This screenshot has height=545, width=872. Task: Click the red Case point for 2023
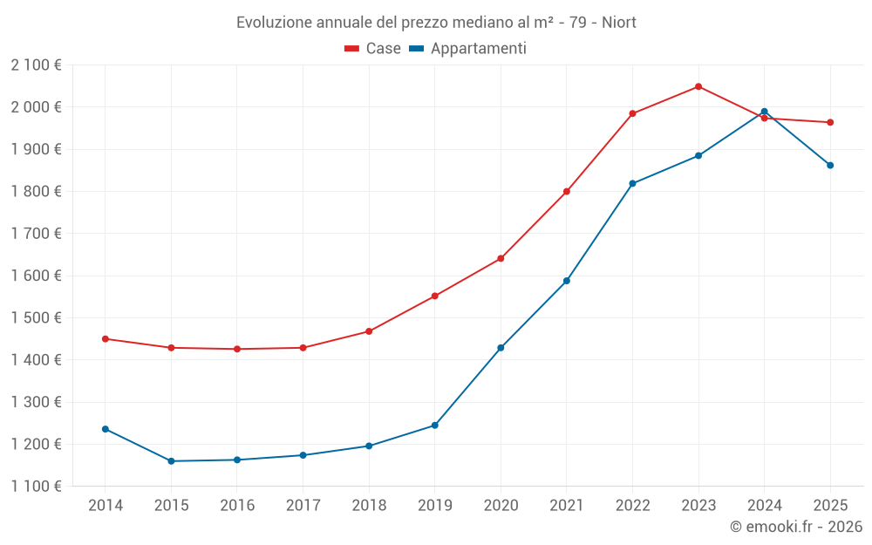[x=698, y=86]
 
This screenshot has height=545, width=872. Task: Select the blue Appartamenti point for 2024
[x=764, y=112]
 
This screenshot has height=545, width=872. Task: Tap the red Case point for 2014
[x=106, y=338]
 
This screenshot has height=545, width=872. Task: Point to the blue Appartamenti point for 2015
[x=171, y=461]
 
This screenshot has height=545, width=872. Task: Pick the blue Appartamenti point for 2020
[x=501, y=348]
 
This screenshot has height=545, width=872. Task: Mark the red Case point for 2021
[x=567, y=192]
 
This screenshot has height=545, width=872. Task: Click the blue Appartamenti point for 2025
[x=830, y=165]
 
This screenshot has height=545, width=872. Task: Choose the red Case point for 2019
[x=435, y=296]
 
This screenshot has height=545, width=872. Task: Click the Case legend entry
[x=373, y=49]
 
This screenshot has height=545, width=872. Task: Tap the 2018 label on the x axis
[x=369, y=505]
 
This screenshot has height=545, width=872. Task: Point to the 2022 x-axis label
[x=632, y=505]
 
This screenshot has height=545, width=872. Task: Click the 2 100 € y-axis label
[x=36, y=65]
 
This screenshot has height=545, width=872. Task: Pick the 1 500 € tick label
[x=36, y=318]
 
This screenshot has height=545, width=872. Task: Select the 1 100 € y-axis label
[x=36, y=487]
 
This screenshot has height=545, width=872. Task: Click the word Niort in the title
[x=619, y=22]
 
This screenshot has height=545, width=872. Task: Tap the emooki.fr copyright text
[x=796, y=527]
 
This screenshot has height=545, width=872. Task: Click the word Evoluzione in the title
[x=272, y=22]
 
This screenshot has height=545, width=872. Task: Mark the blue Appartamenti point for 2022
[x=632, y=183]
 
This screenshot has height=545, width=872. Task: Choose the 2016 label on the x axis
[x=237, y=505]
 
